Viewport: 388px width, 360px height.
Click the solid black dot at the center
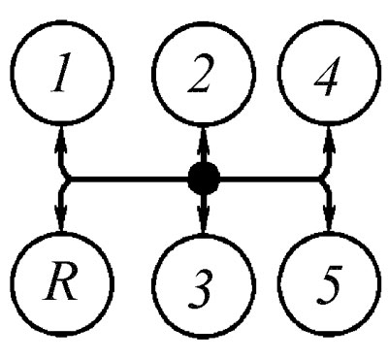204,179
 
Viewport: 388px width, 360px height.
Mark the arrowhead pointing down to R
60,216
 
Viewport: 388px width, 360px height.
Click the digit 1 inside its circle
61,73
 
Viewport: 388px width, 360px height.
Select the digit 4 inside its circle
327,77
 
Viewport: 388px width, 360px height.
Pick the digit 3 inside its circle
201,288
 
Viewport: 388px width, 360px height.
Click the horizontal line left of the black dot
128,179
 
